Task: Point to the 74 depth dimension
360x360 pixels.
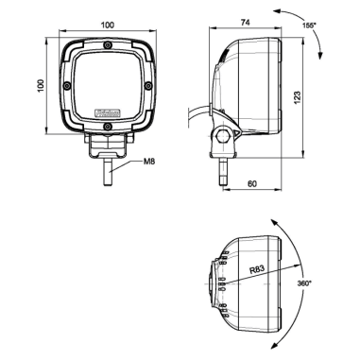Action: click(x=244, y=20)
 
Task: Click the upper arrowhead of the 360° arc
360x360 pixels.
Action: click(x=273, y=217)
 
